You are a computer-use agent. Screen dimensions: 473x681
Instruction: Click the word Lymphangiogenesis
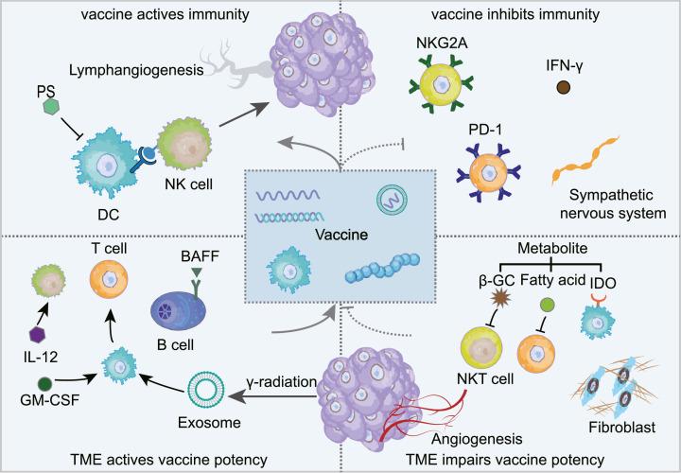pos(109,70)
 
